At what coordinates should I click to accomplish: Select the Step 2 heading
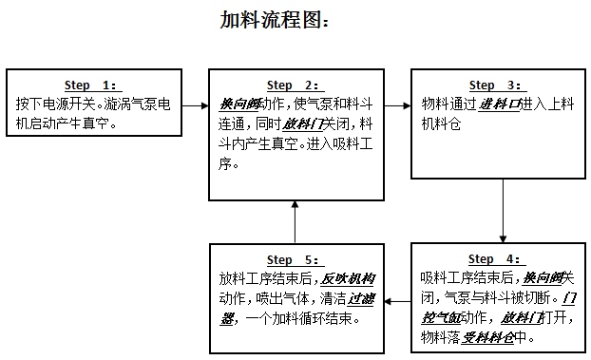(x=295, y=85)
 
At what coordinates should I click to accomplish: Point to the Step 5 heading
(x=295, y=259)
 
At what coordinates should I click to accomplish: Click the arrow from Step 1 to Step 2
(x=195, y=100)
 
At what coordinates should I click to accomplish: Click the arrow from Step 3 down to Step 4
(x=501, y=210)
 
